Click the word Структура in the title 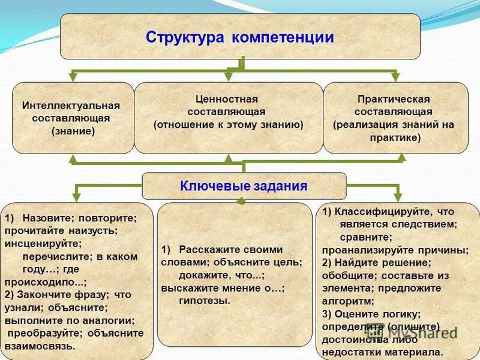(x=183, y=38)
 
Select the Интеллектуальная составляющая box (x=73, y=118)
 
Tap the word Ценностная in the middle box (x=228, y=99)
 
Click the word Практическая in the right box (x=394, y=99)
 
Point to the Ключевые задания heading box (x=244, y=186)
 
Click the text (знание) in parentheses (x=73, y=131)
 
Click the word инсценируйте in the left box (x=41, y=244)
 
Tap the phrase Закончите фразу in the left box (x=62, y=295)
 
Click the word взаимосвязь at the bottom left (x=40, y=346)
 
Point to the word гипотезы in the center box (x=204, y=300)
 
